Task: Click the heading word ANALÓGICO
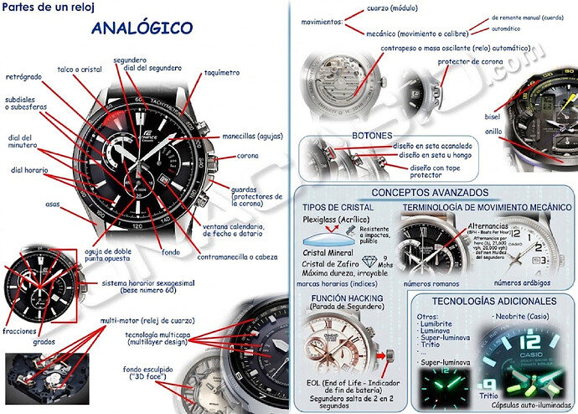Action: (x=142, y=28)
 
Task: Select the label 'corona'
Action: (x=248, y=156)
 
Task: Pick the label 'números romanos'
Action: (x=431, y=284)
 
